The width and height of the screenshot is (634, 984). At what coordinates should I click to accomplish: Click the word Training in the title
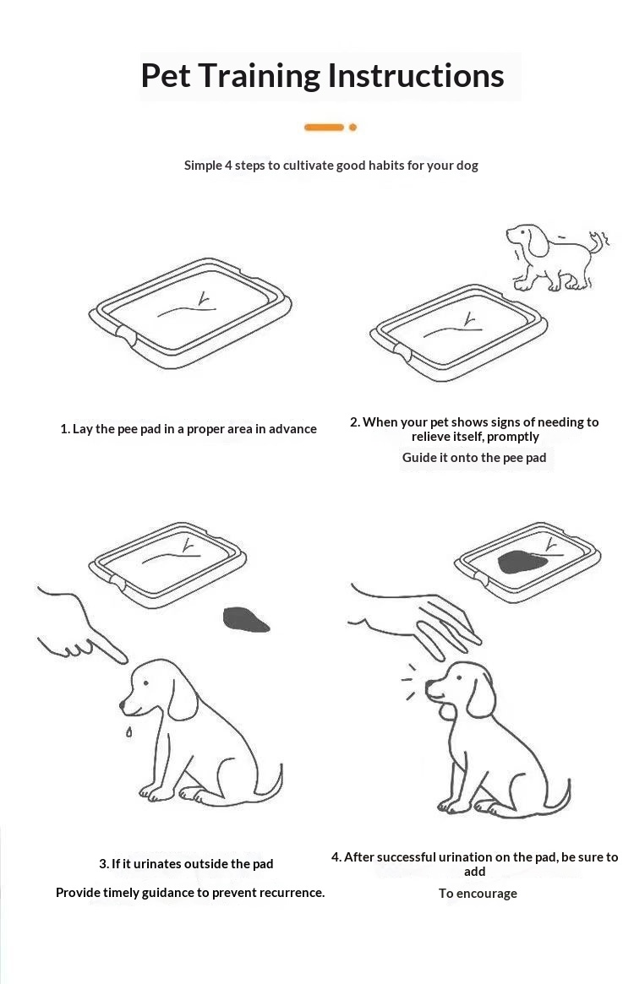[x=260, y=77]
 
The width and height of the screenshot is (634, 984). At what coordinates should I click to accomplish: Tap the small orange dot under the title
[x=353, y=128]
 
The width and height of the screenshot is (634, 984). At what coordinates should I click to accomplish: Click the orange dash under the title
[x=325, y=128]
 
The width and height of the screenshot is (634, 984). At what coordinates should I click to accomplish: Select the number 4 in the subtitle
[x=228, y=166]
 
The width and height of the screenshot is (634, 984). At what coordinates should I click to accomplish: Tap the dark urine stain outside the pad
[x=246, y=620]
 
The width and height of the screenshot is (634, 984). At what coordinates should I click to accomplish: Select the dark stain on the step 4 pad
[x=522, y=562]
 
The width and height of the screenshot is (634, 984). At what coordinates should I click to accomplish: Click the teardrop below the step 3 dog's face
[x=128, y=731]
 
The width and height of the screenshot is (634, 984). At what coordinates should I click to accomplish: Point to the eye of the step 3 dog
[x=145, y=682]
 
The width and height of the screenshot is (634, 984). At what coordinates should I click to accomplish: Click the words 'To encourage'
[x=478, y=894]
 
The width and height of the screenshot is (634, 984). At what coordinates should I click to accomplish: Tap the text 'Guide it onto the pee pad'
[x=474, y=458]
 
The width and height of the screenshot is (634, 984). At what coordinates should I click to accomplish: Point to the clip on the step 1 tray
[x=126, y=335]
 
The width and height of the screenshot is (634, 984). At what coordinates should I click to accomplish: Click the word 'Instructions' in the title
[x=416, y=77]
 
